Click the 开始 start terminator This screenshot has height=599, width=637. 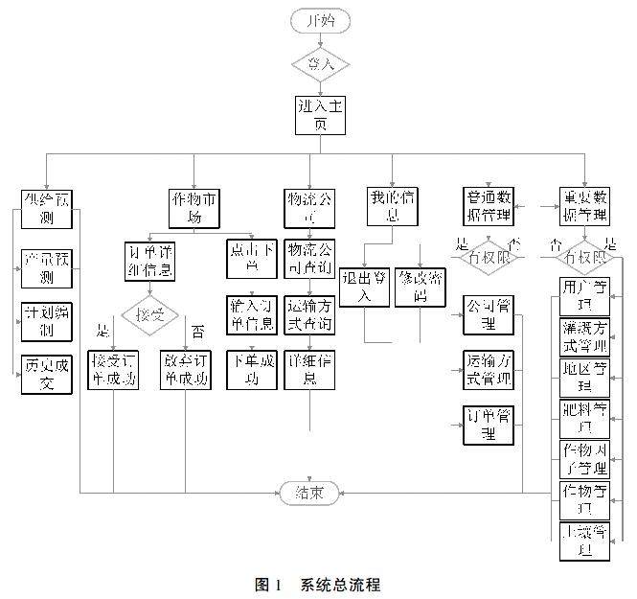coord(319,20)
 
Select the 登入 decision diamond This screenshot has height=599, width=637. coord(319,64)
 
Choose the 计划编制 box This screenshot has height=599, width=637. coord(47,322)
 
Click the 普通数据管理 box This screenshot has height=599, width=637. coord(488,205)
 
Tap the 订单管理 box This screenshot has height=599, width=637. coord(488,425)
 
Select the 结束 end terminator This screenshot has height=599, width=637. coord(308,494)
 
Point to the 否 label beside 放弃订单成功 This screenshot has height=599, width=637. coord(198,333)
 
